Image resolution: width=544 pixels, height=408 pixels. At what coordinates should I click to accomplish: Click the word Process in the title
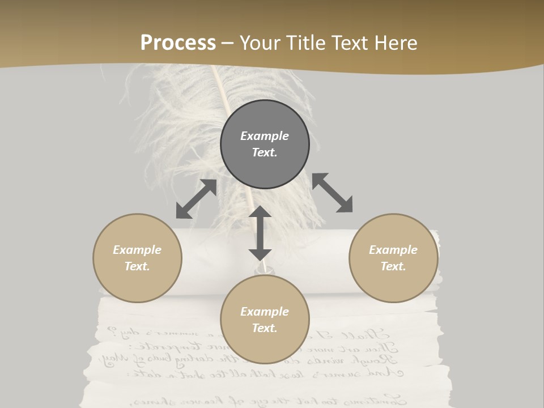[x=178, y=42]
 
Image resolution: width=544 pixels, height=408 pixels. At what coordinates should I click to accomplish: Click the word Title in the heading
[x=306, y=42]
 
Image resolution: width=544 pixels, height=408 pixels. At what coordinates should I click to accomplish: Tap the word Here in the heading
[x=394, y=42]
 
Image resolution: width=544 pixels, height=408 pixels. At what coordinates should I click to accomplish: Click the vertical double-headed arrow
[x=260, y=233]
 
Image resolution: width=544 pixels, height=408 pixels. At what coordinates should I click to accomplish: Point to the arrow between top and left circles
[x=196, y=199]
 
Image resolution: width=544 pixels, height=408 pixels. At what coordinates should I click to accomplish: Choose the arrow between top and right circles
[x=332, y=193]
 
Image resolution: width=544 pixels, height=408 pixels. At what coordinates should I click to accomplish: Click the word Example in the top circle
[x=265, y=136]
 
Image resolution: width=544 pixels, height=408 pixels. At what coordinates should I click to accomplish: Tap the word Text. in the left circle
[x=137, y=266]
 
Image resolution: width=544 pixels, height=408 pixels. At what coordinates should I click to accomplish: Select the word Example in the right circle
[x=393, y=250]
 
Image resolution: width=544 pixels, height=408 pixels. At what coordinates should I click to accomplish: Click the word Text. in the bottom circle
[x=265, y=328]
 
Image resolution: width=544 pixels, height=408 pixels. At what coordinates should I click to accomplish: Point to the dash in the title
[x=228, y=43]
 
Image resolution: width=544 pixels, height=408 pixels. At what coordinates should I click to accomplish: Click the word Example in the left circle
[x=137, y=250]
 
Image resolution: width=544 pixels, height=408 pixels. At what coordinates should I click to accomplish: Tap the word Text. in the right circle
[x=393, y=266]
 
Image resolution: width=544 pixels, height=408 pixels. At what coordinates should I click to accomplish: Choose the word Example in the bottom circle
[x=265, y=312]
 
